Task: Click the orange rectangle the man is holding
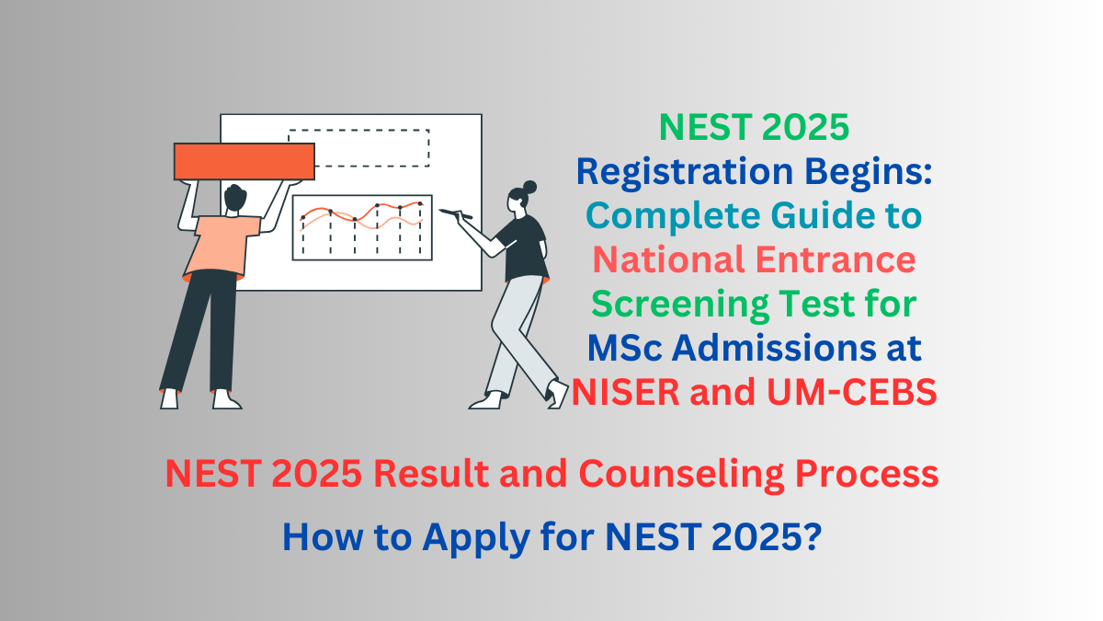pyautogui.click(x=244, y=161)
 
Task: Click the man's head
pyautogui.click(x=234, y=198)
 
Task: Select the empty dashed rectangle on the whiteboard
pyautogui.click(x=358, y=147)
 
